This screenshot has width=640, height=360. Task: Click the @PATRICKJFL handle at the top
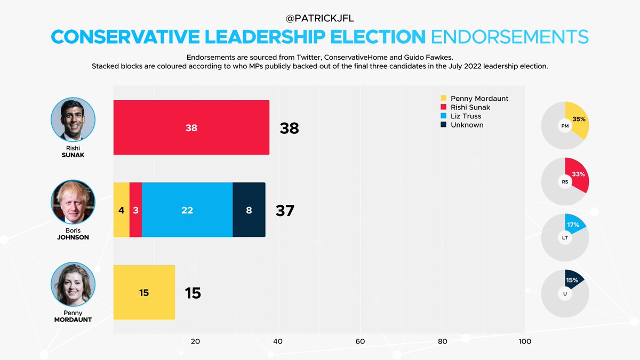coord(319,19)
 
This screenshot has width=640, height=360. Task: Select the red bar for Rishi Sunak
coord(191,128)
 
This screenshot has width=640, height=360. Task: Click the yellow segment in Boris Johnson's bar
coord(121,210)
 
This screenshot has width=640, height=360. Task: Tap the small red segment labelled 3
coord(135,210)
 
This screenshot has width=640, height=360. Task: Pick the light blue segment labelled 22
coord(187,210)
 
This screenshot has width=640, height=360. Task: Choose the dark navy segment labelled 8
coord(249,210)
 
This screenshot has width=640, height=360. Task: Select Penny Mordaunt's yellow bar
coord(144,292)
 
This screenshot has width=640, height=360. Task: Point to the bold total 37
coord(285,211)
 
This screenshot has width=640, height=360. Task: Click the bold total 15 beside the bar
coord(193,293)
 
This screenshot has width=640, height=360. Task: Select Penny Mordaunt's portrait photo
coord(73,284)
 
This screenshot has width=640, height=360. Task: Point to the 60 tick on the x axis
coord(360,341)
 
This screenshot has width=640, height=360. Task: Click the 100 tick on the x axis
coord(525,341)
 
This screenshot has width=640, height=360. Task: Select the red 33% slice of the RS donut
coord(578,175)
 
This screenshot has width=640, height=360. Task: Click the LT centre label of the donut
coord(565,237)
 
